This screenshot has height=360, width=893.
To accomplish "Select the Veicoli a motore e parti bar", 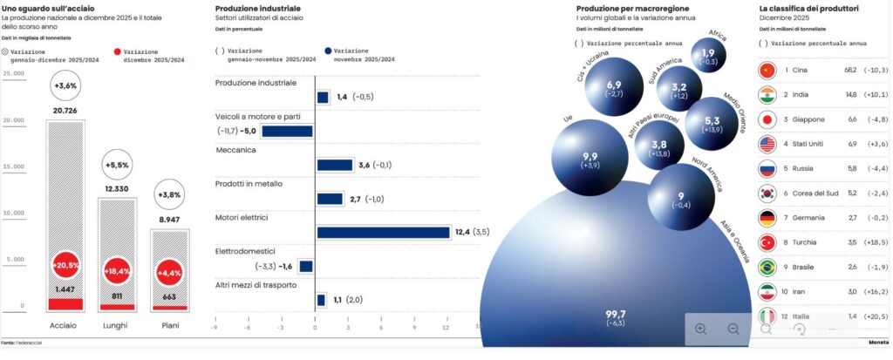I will click(x=287, y=132).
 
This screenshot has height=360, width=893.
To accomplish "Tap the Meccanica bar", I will click(x=334, y=165).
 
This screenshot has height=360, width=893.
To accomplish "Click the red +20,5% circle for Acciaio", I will click(x=66, y=265).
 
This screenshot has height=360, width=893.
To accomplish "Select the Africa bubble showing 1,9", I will click(x=709, y=57).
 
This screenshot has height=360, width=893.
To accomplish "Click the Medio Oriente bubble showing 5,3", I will click(x=712, y=122).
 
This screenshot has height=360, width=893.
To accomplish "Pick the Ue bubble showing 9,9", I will click(x=590, y=160).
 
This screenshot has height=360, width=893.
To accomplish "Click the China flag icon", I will click(x=768, y=70).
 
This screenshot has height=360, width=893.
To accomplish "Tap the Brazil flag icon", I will click(x=768, y=266).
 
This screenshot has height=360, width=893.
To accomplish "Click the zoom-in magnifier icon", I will click(x=701, y=329).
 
